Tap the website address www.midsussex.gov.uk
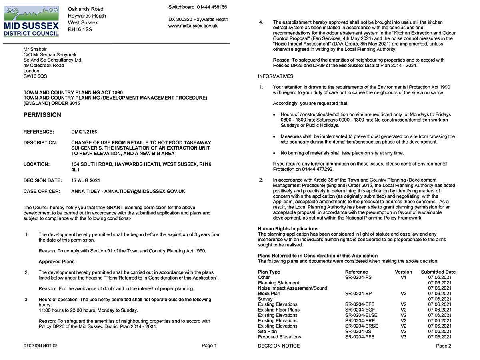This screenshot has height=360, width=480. tap(193, 26)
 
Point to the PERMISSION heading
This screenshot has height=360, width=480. tap(42, 115)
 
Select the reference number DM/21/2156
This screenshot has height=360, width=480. tap(84, 132)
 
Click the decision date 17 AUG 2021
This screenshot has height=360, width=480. tap(86, 180)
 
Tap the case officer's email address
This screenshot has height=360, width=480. tap(145, 192)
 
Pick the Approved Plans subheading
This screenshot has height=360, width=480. tap(56, 262)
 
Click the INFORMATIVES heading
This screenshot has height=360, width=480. tap(276, 76)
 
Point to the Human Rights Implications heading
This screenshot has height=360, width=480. tap(288, 229)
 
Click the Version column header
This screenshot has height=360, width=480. tap(403, 272)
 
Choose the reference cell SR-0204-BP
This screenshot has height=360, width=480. tap(358, 294)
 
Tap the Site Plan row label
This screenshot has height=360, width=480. tap(267, 331)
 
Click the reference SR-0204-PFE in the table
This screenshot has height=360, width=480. tap(360, 337)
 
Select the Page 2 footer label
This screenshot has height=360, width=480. tap(444, 346)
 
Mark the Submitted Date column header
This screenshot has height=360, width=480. tap(438, 272)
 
